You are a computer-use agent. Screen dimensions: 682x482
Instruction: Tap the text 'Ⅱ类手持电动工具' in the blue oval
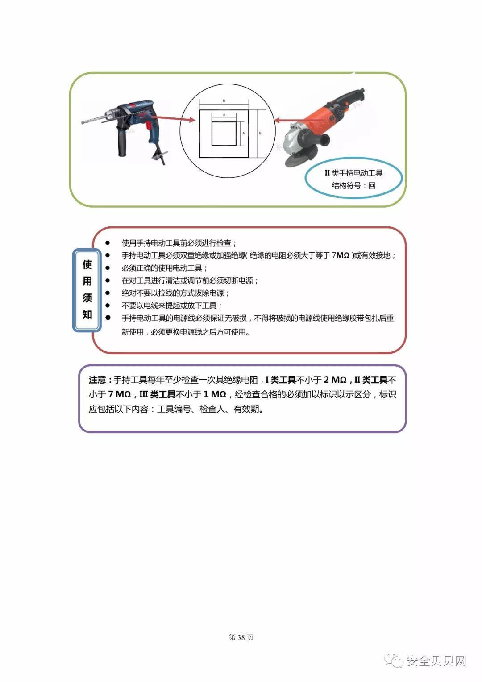pos(353,173)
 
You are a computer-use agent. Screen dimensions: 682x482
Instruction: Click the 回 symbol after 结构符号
pos(372,186)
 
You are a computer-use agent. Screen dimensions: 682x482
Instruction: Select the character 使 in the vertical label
pos(87,264)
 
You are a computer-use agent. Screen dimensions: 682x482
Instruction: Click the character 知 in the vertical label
pos(87,314)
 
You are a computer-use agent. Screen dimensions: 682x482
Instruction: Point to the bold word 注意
pos(97,380)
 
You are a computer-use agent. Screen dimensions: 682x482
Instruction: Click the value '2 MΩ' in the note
pos(335,380)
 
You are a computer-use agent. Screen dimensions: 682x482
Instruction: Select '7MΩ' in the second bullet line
pos(341,255)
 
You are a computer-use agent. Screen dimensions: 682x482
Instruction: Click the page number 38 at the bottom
pos(241,637)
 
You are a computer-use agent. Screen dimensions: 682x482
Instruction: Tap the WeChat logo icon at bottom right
pos(395,660)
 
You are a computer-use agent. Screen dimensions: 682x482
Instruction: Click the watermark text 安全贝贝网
pos(436,661)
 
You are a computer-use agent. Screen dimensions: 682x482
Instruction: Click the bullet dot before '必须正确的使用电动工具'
pos(108,268)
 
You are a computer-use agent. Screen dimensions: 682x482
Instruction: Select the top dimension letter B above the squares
pos(224,101)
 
